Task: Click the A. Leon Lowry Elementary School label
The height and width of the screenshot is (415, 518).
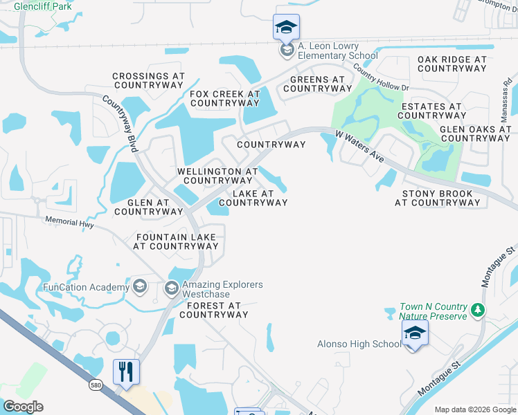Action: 337,50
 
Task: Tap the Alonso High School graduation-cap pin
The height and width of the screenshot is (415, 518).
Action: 414,334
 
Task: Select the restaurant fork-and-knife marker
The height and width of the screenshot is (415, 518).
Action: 126,372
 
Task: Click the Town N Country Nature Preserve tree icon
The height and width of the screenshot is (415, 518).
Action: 477,311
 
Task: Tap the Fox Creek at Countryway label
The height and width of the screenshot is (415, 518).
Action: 224,98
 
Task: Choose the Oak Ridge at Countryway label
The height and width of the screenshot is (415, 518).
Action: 452,64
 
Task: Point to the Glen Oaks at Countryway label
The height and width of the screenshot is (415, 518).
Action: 475,133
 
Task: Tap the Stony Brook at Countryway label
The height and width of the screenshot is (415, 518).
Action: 437,199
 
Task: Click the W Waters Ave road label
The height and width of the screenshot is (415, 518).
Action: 359,145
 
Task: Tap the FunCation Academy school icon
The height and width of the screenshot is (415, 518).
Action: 139,287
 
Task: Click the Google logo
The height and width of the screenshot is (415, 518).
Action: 23,407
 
